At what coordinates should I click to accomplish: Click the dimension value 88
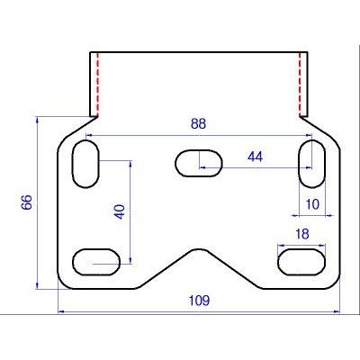(x=198, y=124)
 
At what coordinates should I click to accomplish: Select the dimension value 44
(x=255, y=157)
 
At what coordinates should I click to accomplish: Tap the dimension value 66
(x=26, y=202)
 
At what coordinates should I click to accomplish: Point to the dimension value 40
(x=120, y=211)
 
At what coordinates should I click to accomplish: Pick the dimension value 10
(x=312, y=204)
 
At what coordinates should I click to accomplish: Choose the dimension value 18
(x=301, y=234)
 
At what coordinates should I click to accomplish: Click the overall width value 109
(x=199, y=301)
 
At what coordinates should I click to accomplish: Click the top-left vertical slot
(x=85, y=164)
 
